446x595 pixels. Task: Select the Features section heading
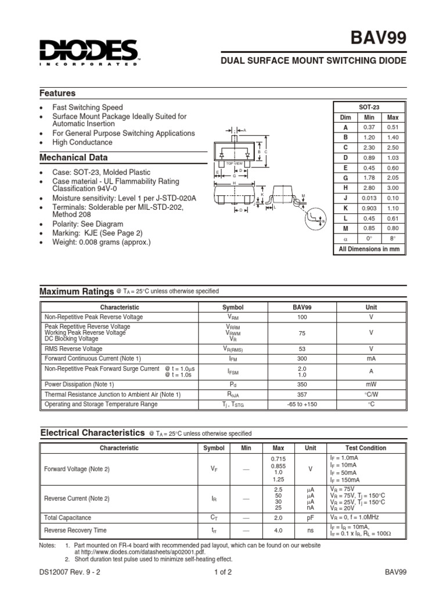click(x=57, y=93)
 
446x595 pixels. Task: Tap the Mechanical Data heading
click(x=73, y=157)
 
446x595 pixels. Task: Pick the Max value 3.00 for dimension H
click(x=393, y=188)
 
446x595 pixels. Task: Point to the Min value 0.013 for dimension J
click(x=369, y=198)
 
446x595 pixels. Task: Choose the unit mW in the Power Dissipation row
click(x=371, y=385)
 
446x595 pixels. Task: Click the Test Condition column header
click(x=365, y=448)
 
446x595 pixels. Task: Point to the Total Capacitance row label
click(x=68, y=517)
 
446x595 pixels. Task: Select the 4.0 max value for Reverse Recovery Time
click(x=278, y=530)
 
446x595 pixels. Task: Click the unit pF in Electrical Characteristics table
click(x=311, y=517)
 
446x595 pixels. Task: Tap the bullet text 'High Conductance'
click(x=82, y=142)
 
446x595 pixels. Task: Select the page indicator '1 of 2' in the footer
click(x=223, y=572)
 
